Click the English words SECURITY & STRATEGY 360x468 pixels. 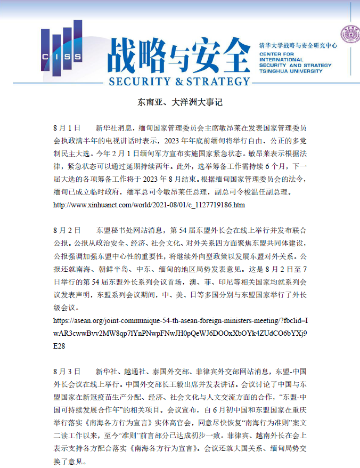tap(179, 82)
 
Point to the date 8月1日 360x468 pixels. tap(67, 128)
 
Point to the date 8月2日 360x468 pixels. tap(67, 230)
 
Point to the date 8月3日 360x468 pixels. tap(67, 371)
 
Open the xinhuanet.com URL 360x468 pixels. tap(149, 205)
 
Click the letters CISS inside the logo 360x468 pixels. tap(55, 57)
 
